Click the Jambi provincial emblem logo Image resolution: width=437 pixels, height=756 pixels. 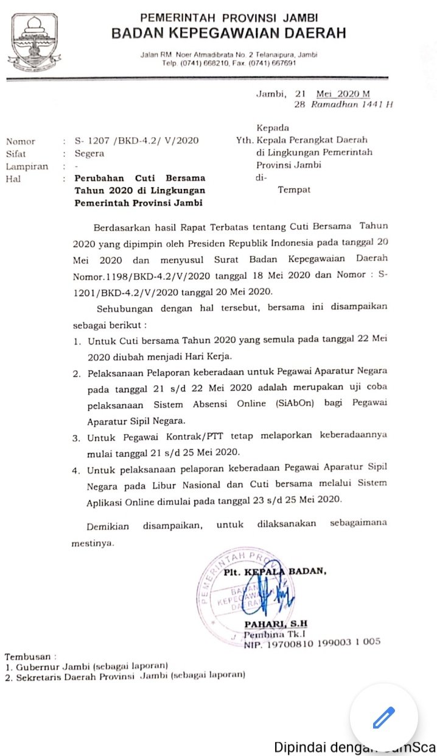click(33, 41)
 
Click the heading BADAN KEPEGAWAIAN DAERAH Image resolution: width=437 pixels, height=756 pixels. click(228, 33)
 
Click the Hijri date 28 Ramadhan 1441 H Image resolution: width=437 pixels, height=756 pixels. click(343, 104)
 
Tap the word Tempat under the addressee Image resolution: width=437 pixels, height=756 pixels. click(294, 190)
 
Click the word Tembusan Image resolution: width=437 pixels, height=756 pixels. click(28, 657)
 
